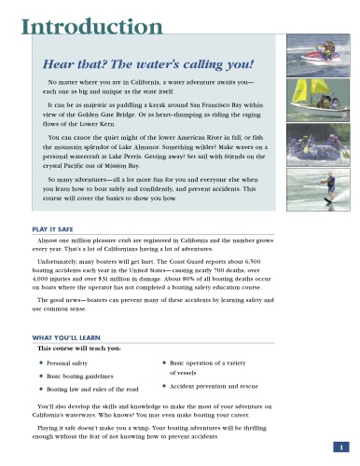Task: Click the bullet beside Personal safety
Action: point(41,361)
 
